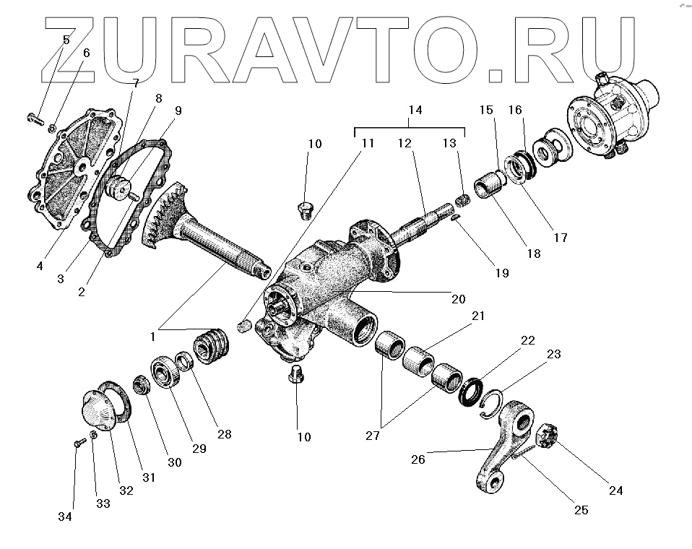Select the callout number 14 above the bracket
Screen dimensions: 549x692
point(415,111)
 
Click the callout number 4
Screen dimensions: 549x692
point(40,265)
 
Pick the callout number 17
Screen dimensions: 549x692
point(560,237)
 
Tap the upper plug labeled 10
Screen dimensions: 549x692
point(306,211)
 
